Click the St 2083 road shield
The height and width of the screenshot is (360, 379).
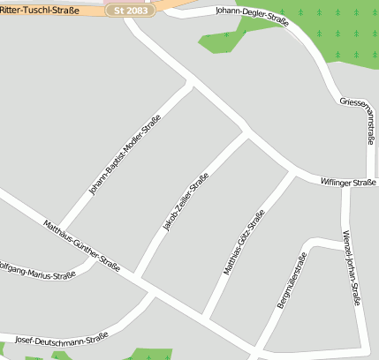click(x=133, y=10)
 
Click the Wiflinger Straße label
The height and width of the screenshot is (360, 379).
click(x=348, y=182)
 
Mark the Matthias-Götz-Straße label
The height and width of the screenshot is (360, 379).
click(x=244, y=243)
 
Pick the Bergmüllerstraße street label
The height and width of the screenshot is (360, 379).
click(x=292, y=281)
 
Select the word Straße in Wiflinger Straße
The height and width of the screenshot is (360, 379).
click(x=364, y=182)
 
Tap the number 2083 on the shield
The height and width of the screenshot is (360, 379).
click(x=139, y=10)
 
